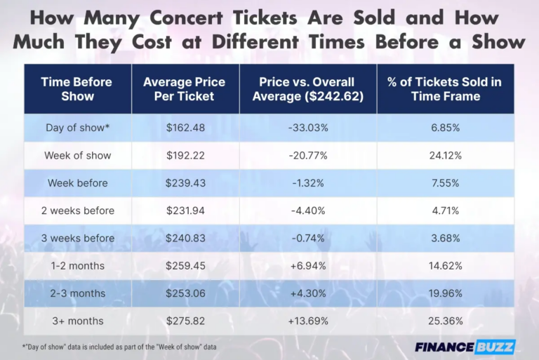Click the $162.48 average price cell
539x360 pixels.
click(184, 128)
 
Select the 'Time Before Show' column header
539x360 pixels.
click(77, 89)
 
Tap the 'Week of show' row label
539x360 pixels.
click(77, 156)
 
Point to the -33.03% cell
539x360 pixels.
click(308, 128)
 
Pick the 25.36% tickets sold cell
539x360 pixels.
click(445, 321)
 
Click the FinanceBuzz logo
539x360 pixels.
click(465, 347)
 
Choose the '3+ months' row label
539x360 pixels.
click(77, 321)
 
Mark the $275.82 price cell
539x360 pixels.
click(184, 321)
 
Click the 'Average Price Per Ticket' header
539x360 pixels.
click(184, 89)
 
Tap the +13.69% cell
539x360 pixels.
click(308, 321)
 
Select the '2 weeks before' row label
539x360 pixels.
click(77, 211)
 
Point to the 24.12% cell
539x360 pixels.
click(445, 156)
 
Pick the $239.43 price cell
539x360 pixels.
click(184, 183)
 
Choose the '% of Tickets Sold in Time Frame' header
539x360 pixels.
click(445, 89)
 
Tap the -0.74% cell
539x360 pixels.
click(308, 238)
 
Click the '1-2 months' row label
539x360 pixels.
click(77, 266)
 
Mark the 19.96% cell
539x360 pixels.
click(445, 293)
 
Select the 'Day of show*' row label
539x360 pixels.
click(77, 128)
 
